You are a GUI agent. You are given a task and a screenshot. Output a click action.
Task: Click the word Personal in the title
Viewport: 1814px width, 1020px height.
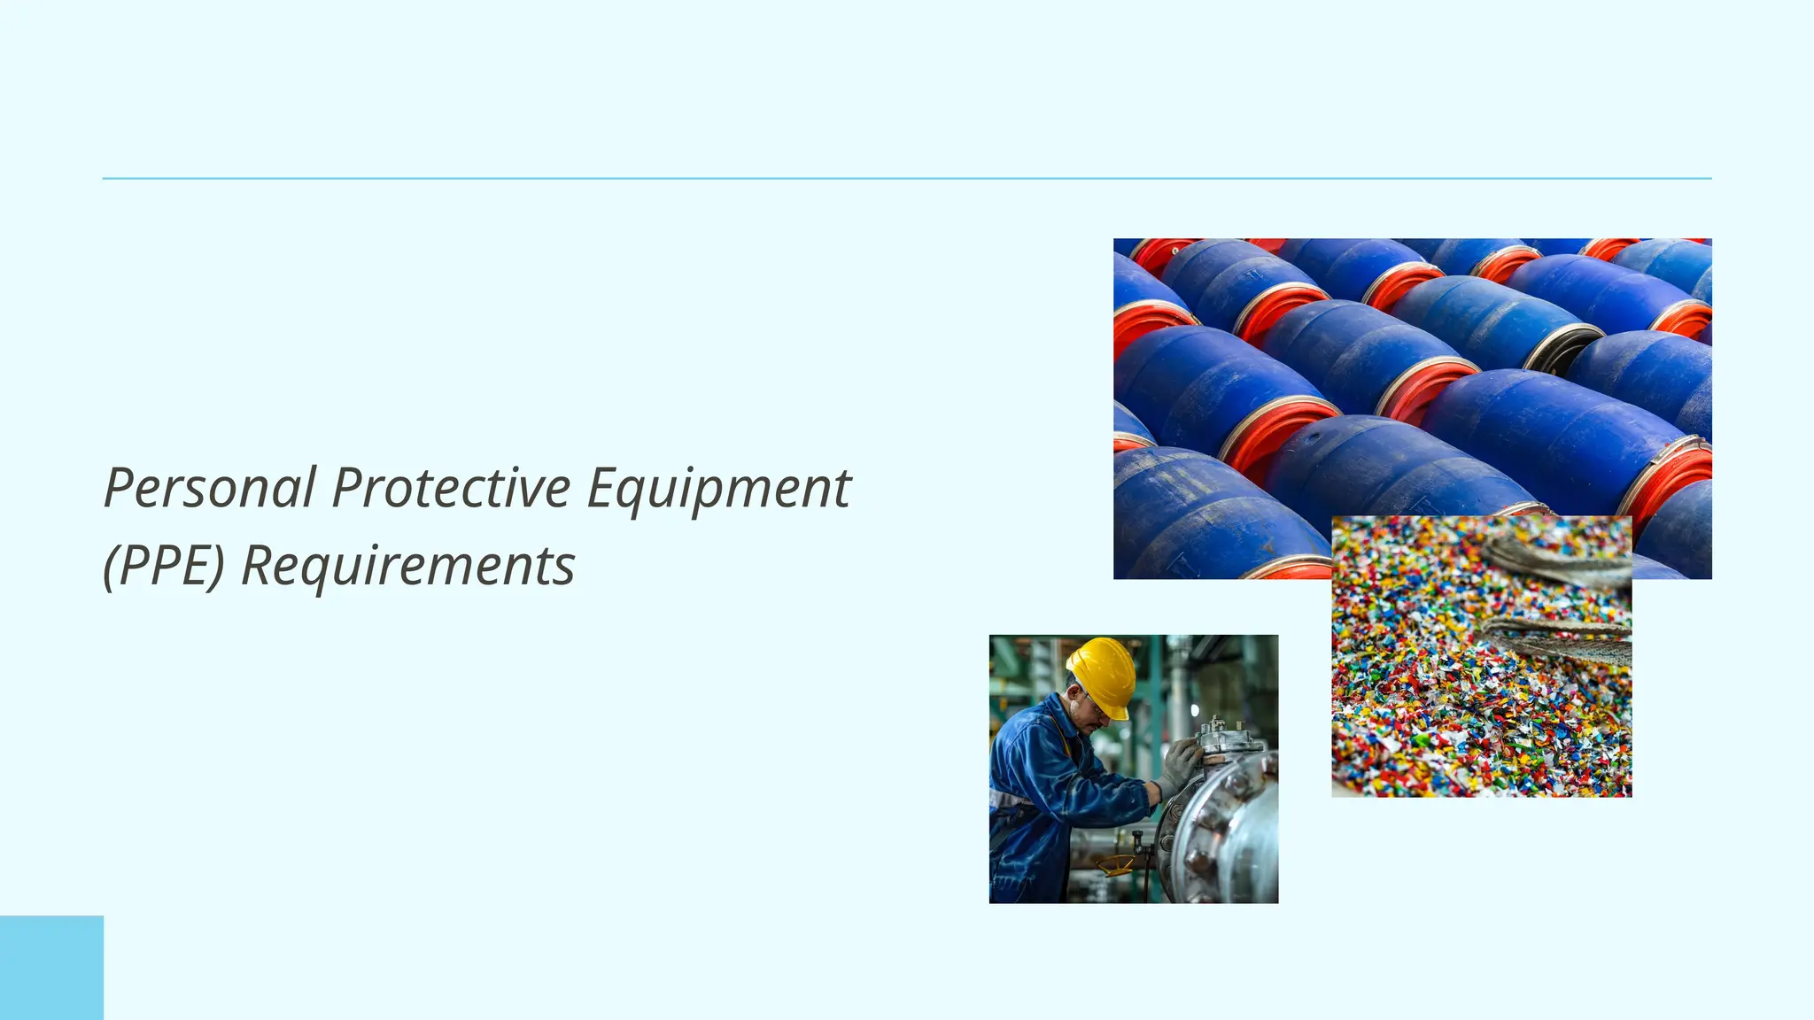click(210, 488)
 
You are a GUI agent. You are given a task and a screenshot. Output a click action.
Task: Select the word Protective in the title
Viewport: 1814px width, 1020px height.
click(451, 488)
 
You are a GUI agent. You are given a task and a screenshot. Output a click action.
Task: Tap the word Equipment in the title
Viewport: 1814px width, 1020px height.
click(718, 490)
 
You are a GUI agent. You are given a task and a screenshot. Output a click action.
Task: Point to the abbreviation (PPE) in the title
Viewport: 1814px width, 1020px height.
click(164, 566)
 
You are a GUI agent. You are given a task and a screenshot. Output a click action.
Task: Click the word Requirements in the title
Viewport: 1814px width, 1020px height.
click(408, 568)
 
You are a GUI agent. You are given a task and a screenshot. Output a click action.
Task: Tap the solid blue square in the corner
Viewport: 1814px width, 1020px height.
click(51, 968)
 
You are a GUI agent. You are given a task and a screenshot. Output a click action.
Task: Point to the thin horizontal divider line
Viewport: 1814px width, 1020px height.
click(906, 178)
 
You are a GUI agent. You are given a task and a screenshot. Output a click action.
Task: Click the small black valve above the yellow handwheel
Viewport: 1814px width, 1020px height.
click(1136, 837)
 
